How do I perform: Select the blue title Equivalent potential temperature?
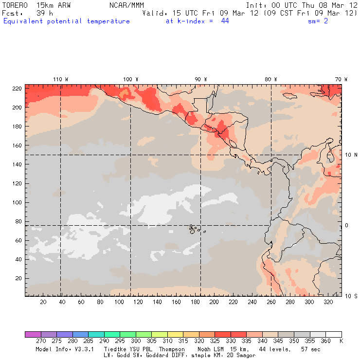tap(67, 21)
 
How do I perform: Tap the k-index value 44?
tap(225, 21)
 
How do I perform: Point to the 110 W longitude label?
tap(60, 79)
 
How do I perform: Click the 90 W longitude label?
tap(200, 79)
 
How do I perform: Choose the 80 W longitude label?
tap(270, 79)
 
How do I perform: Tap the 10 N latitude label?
tap(350, 155)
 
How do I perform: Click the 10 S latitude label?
tap(350, 296)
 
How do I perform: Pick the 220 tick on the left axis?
tap(17, 88)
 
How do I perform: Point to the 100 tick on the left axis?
tap(17, 202)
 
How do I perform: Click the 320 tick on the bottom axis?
tap(328, 302)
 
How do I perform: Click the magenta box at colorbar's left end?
tap(33, 334)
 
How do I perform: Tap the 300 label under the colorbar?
tap(136, 342)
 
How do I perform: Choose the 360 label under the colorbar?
tap(325, 342)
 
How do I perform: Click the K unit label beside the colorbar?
tap(341, 342)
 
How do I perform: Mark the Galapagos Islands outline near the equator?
tap(194, 228)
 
